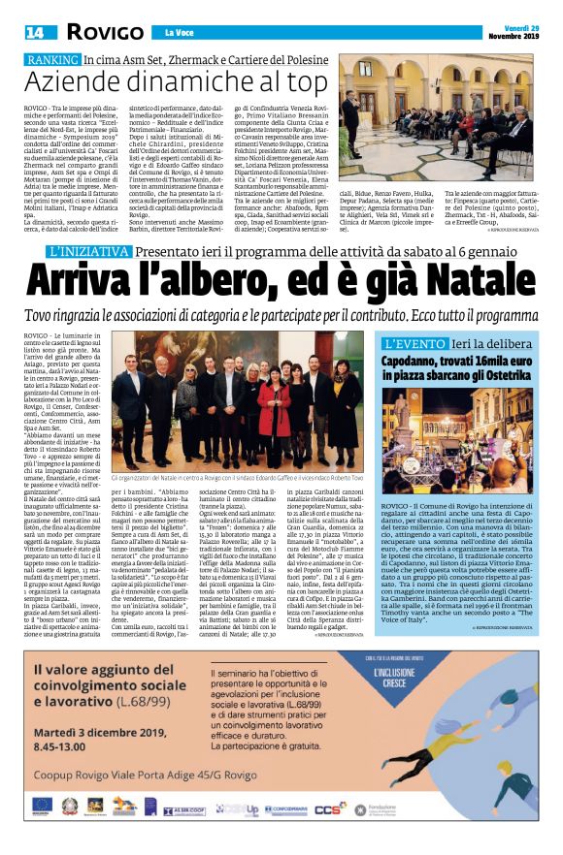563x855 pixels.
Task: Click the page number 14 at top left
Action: coord(34,32)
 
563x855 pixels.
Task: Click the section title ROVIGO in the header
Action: coord(97,32)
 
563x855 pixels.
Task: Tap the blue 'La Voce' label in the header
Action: coord(180,33)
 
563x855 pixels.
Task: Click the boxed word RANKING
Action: coord(51,61)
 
